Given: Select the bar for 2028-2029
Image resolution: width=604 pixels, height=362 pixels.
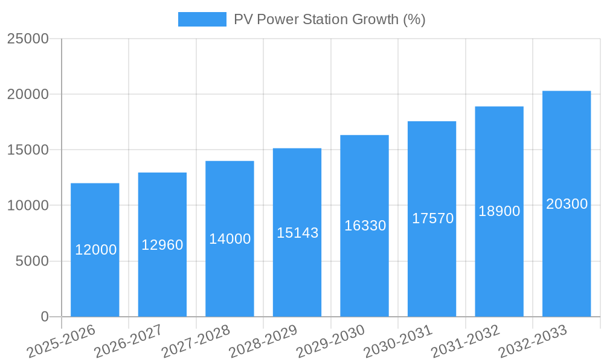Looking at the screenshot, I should click(x=297, y=271).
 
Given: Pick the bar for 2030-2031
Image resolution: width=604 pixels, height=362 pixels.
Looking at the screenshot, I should click(x=432, y=265).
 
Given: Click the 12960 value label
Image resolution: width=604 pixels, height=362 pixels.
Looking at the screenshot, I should click(x=162, y=245).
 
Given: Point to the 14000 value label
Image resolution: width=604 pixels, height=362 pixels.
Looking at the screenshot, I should click(x=230, y=239).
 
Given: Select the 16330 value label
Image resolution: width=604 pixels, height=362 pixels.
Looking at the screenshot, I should click(x=365, y=226).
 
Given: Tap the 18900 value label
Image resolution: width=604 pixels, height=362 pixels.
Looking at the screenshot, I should click(x=500, y=211).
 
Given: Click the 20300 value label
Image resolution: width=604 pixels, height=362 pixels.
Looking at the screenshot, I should click(x=567, y=204).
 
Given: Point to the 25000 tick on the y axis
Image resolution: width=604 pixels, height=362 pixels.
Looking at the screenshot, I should click(x=27, y=39).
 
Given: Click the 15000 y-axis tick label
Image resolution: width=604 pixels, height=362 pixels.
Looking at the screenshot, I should click(x=27, y=150).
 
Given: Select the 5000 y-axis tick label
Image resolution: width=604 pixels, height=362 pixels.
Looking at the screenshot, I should click(x=31, y=261).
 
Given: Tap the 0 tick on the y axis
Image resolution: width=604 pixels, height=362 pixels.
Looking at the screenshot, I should click(x=44, y=317).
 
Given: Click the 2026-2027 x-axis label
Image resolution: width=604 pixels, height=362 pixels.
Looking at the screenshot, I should click(x=128, y=341).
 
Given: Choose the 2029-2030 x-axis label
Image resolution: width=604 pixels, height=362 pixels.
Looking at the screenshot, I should click(x=330, y=341).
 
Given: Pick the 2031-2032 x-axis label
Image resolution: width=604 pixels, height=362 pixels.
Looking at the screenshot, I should click(x=465, y=341).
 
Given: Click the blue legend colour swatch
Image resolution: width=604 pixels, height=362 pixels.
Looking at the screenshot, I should click(x=202, y=19).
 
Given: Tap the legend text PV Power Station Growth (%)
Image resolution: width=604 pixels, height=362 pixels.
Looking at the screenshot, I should click(x=329, y=19).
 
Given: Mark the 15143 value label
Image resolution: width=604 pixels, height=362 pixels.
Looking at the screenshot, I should click(x=297, y=232).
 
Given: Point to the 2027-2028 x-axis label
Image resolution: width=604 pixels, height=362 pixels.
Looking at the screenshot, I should click(x=196, y=341).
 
